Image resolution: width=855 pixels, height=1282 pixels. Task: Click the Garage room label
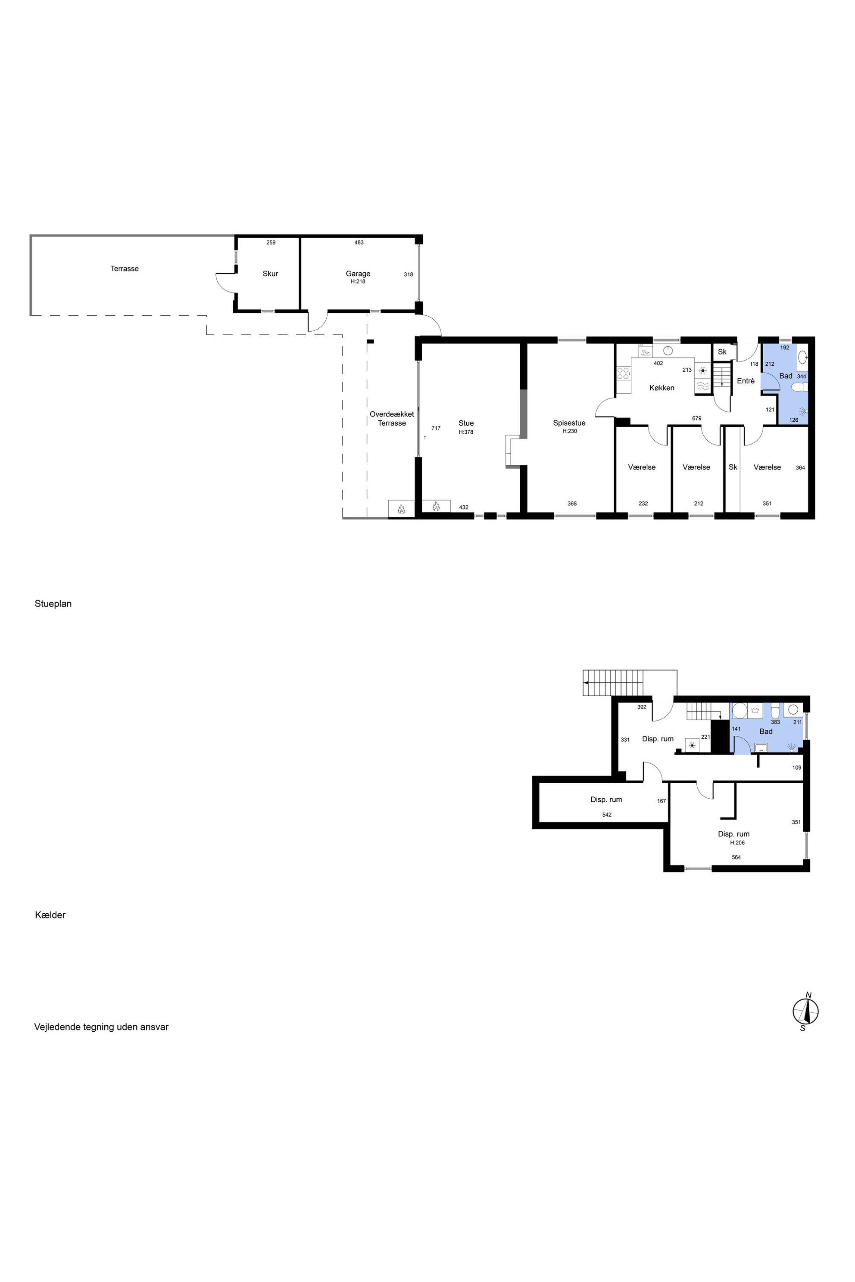[358, 274]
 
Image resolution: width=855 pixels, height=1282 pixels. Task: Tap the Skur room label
[271, 274]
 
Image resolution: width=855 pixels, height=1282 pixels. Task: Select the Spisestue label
[569, 423]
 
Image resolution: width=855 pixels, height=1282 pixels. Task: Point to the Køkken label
[662, 388]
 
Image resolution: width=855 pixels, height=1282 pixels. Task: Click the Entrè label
[746, 381]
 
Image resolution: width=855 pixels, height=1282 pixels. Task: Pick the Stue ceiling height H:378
[466, 432]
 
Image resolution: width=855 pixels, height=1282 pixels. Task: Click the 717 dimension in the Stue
[436, 428]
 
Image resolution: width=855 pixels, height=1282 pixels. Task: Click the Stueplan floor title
[53, 604]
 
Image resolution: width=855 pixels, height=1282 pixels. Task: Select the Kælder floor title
[50, 915]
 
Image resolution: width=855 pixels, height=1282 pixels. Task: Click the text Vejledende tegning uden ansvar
[101, 1027]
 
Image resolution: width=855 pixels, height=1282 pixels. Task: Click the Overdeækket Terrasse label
[391, 419]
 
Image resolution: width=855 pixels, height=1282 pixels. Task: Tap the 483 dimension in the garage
[359, 243]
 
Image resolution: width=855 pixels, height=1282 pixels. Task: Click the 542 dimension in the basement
[607, 815]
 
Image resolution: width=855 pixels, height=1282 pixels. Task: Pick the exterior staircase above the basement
[613, 683]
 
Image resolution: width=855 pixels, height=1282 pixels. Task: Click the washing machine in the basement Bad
[740, 711]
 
